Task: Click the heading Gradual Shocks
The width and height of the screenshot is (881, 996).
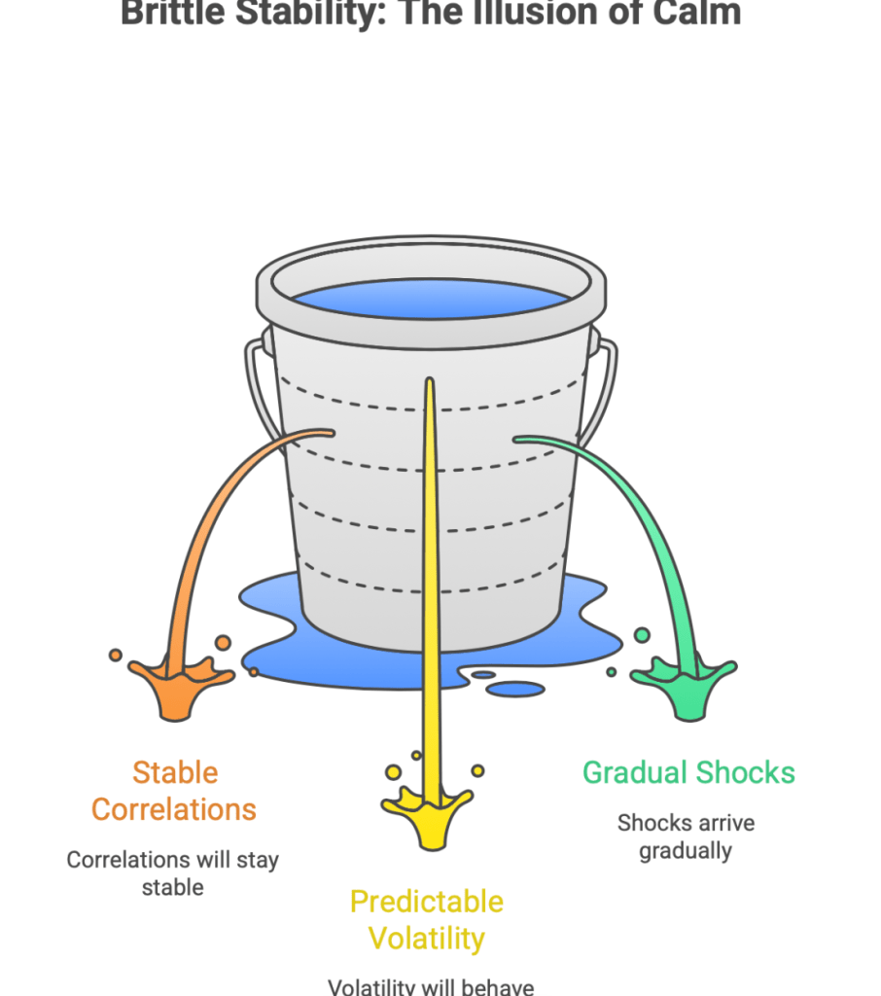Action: tap(688, 773)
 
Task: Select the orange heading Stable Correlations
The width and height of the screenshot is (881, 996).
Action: tap(174, 791)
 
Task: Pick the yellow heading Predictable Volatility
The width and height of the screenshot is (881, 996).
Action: tap(427, 920)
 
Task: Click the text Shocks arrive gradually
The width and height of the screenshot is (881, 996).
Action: tap(686, 836)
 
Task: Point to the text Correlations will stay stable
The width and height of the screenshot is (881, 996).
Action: tap(172, 873)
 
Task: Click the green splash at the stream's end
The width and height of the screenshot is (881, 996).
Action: tap(685, 685)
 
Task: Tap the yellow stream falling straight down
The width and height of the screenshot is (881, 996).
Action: tap(428, 584)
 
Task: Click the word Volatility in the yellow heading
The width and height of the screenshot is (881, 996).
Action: tap(427, 939)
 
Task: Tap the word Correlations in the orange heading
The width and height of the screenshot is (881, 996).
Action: tap(174, 809)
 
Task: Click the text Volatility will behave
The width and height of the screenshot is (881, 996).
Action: tap(431, 986)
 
